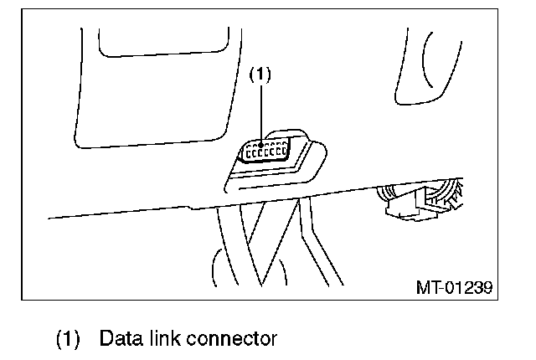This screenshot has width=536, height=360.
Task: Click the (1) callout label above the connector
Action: coord(261,74)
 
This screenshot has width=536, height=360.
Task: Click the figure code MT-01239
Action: coord(453,288)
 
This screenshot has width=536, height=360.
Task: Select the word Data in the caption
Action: coord(120,339)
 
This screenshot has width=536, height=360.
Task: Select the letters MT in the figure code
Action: coord(427,288)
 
